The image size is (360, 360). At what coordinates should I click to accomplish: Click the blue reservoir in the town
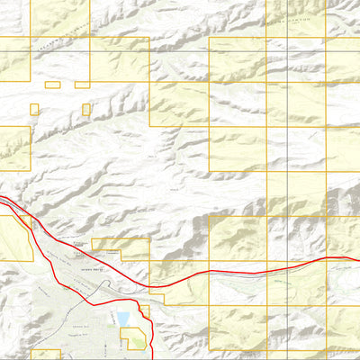pyautogui.click(x=122, y=319)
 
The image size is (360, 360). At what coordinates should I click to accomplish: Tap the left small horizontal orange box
pyautogui.click(x=52, y=85)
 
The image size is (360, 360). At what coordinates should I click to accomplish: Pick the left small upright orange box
pyautogui.click(x=34, y=109)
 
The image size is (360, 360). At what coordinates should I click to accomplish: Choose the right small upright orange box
pyautogui.click(x=86, y=109)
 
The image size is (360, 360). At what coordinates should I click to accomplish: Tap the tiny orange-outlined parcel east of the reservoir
pyautogui.click(x=141, y=313)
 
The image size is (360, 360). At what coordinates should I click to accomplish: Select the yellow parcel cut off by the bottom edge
pyautogui.click(x=45, y=355)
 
